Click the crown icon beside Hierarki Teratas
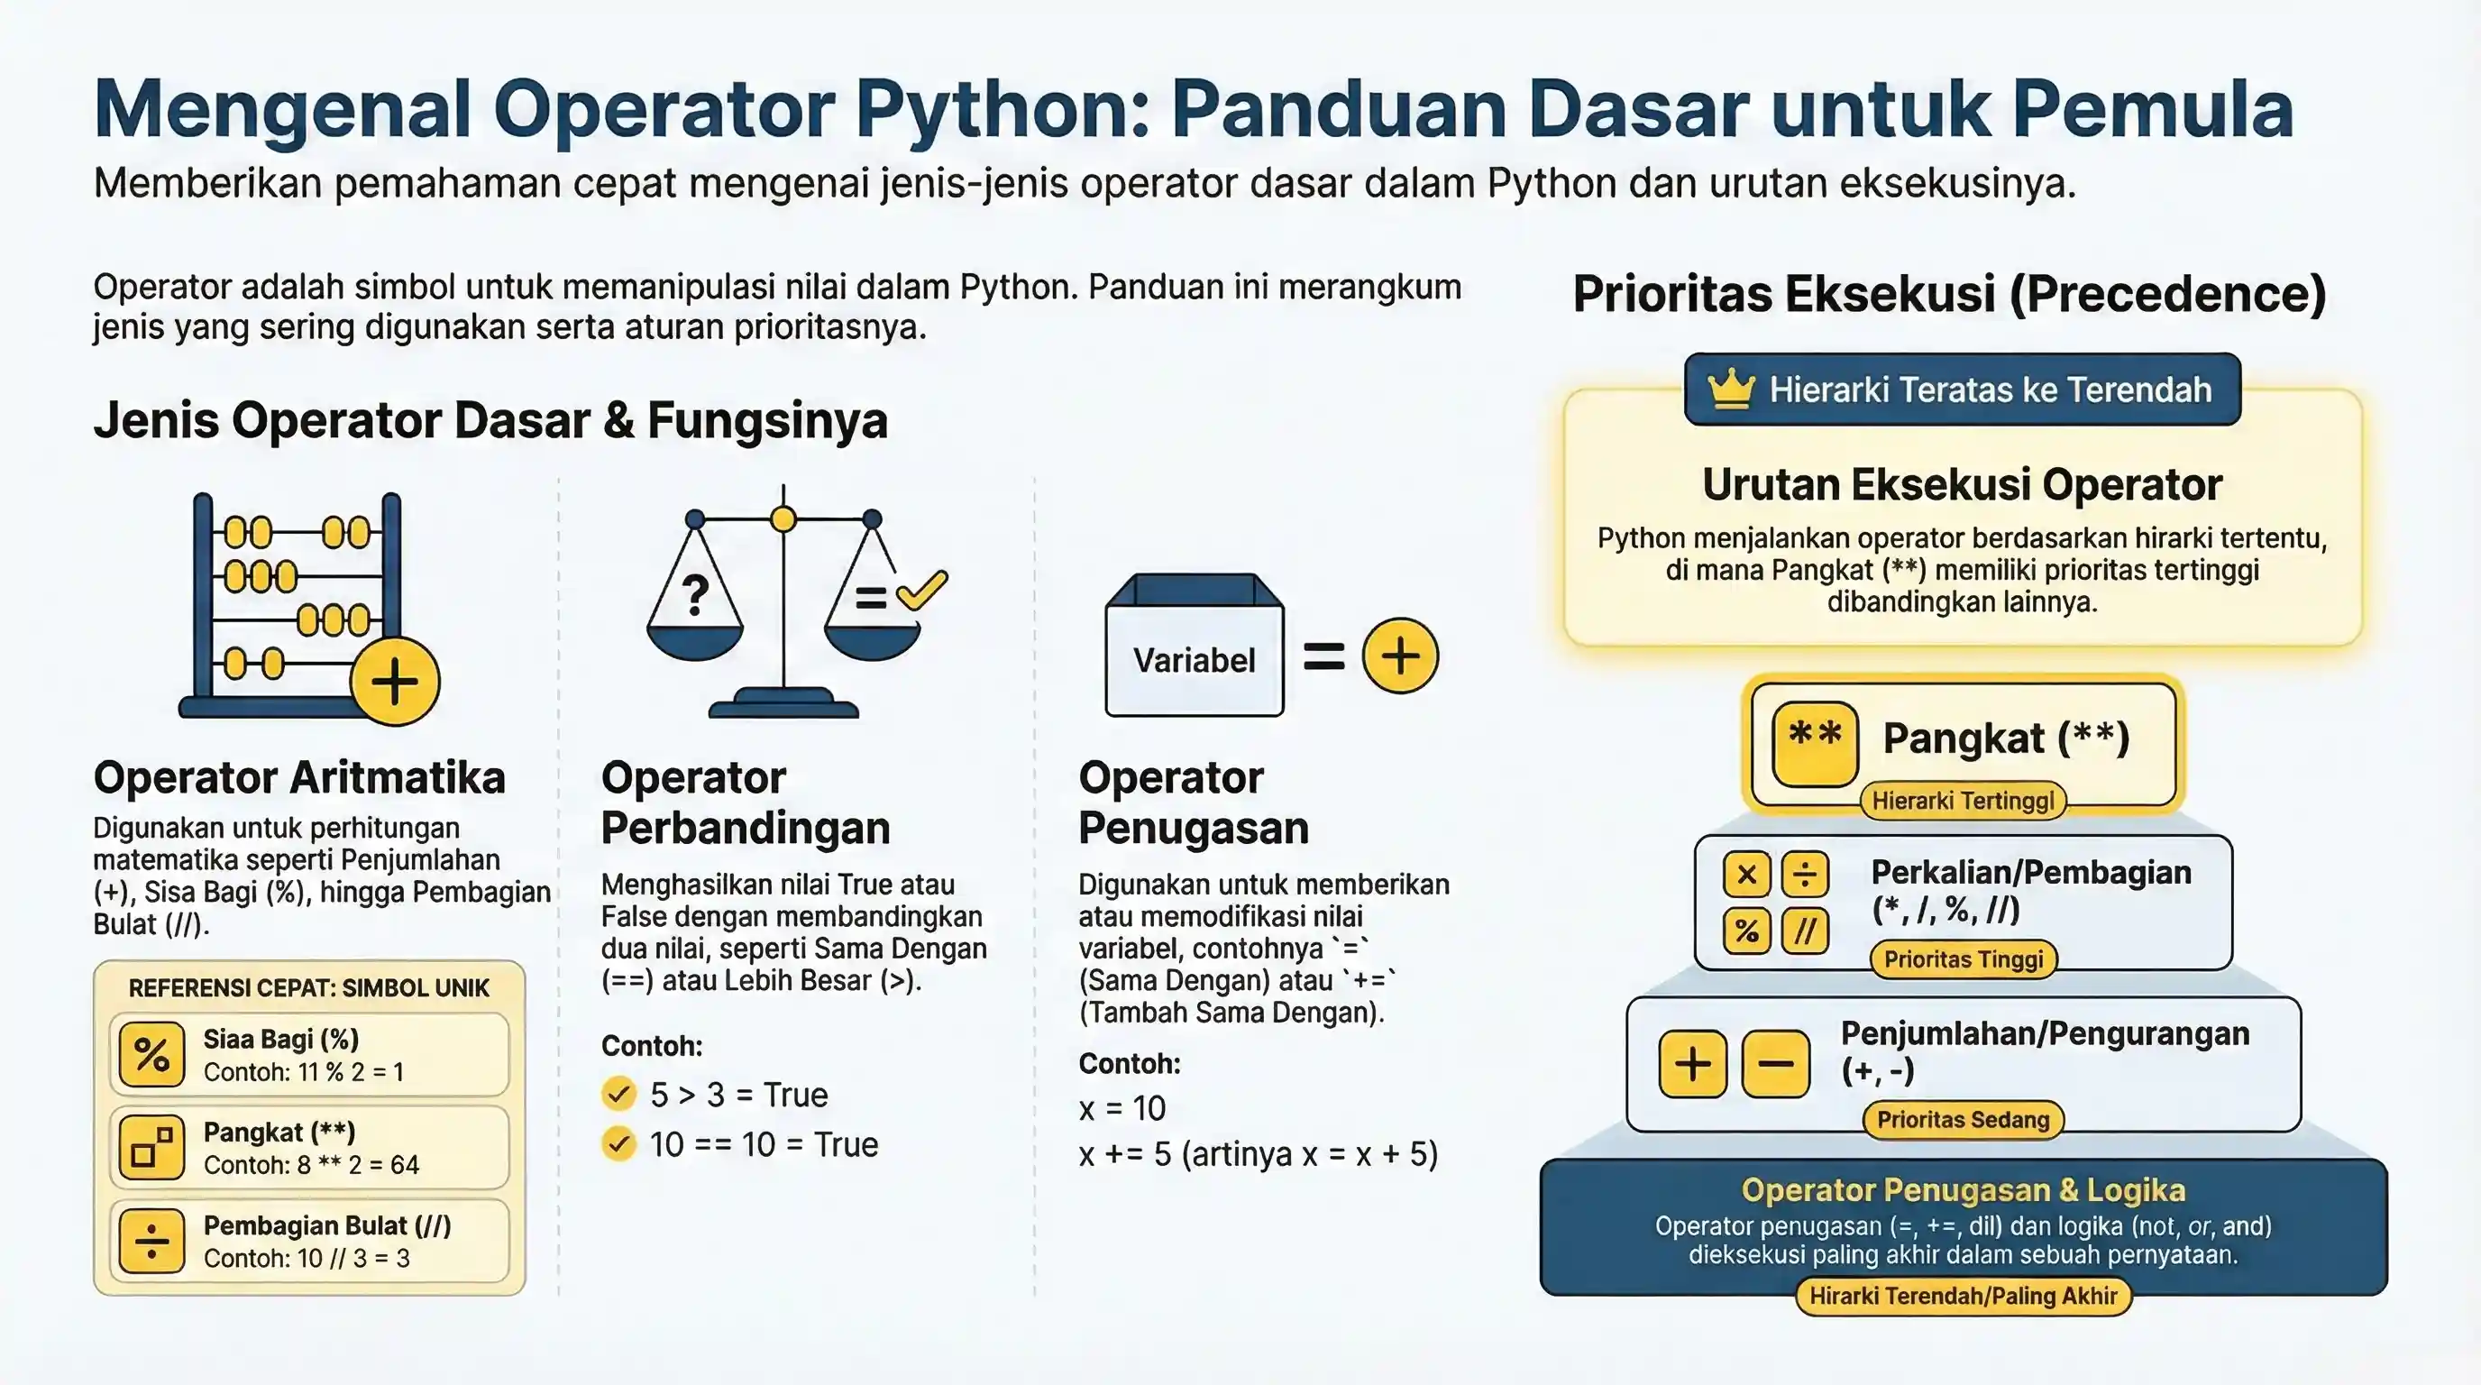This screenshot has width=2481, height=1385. pyautogui.click(x=1731, y=390)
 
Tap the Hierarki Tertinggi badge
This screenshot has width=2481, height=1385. pyautogui.click(x=1962, y=801)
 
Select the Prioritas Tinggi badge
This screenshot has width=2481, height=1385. pyautogui.click(x=1963, y=959)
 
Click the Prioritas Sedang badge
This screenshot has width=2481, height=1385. pyautogui.click(x=1963, y=1120)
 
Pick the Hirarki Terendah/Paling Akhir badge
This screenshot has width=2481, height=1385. pyautogui.click(x=1963, y=1297)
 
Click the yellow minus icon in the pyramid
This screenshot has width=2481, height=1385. pyautogui.click(x=1775, y=1064)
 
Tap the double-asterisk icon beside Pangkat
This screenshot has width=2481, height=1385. pyautogui.click(x=1815, y=743)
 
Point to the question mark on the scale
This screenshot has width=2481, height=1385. pyautogui.click(x=695, y=595)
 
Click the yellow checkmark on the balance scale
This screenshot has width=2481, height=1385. pyautogui.click(x=921, y=589)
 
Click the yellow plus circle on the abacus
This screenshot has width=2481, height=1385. pyautogui.click(x=395, y=681)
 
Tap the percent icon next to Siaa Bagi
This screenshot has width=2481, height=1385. pyautogui.click(x=151, y=1055)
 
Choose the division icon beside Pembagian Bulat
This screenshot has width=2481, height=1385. pyautogui.click(x=151, y=1242)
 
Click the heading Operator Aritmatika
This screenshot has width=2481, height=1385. pyautogui.click(x=298, y=777)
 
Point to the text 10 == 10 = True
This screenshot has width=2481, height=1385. pyautogui.click(x=763, y=1144)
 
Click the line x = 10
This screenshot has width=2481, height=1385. pyautogui.click(x=1122, y=1108)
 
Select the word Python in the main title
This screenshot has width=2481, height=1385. pyautogui.click(x=999, y=109)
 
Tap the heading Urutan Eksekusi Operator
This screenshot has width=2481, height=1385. pyautogui.click(x=1962, y=484)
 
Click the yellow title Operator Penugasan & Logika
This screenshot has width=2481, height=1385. pyautogui.click(x=1962, y=1190)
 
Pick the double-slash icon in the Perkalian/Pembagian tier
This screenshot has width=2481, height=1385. pyautogui.click(x=1805, y=931)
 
